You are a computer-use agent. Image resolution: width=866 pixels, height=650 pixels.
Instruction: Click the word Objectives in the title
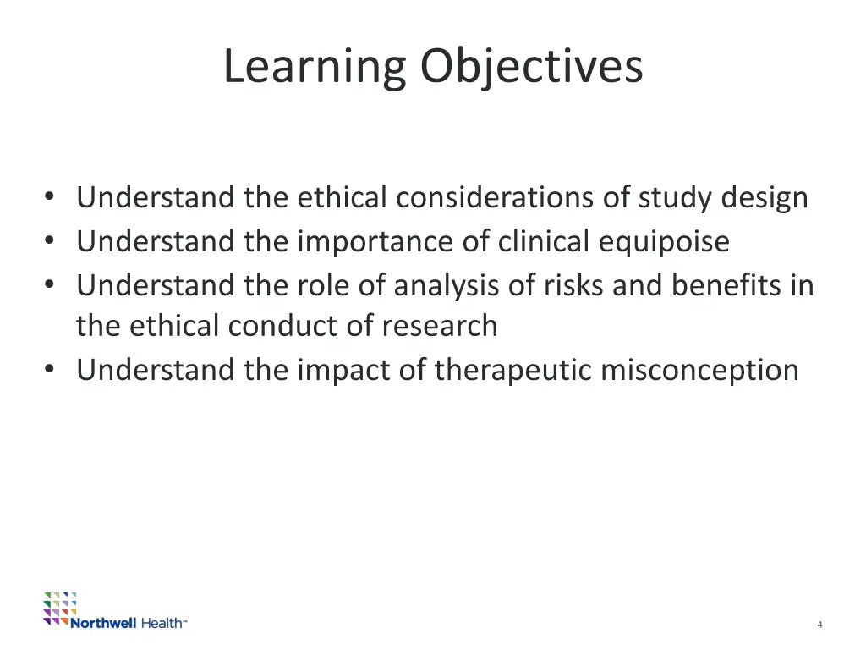[532, 67]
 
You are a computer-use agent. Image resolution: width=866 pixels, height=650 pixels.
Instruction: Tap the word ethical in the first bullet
[344, 198]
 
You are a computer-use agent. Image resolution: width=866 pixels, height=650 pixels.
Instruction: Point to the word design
[765, 198]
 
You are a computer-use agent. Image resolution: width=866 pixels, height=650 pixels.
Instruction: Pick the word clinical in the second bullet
[545, 242]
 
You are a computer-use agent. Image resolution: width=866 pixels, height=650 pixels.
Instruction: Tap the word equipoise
[664, 242]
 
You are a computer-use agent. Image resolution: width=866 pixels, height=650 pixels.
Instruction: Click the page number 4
[819, 625]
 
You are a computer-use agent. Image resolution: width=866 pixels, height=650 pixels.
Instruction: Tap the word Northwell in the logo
[102, 623]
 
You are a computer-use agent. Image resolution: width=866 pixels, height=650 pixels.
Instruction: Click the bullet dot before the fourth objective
[52, 370]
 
